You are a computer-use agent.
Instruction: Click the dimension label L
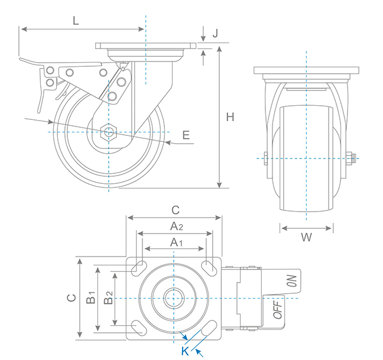(x=75, y=20)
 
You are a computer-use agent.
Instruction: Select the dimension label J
(x=215, y=33)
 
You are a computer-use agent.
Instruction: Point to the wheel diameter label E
(x=186, y=135)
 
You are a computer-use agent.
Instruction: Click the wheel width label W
(x=306, y=238)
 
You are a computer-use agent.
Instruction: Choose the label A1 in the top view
(x=176, y=242)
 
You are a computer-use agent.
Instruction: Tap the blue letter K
(x=185, y=351)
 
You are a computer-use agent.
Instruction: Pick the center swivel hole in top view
(x=174, y=299)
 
